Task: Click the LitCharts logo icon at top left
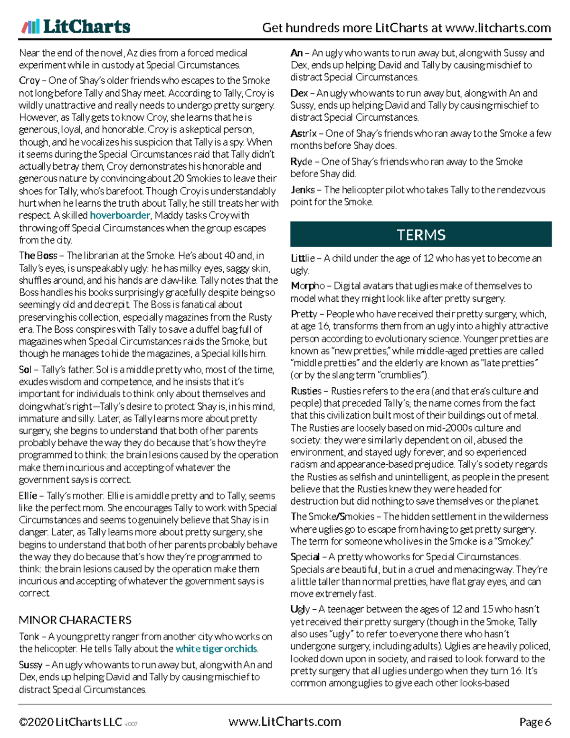click(x=30, y=27)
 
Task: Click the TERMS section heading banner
click(x=420, y=235)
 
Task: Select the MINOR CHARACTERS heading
click(x=75, y=620)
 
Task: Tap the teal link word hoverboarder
click(x=120, y=215)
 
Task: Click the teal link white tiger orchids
click(x=216, y=649)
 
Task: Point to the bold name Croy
click(x=29, y=80)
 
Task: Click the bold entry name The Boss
click(x=38, y=256)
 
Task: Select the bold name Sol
click(x=25, y=370)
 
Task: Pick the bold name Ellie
click(x=28, y=496)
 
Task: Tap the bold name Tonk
click(x=29, y=636)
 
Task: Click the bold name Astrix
click(x=304, y=134)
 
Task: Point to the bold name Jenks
click(x=303, y=190)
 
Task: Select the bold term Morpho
click(x=307, y=286)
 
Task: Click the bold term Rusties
click(x=306, y=391)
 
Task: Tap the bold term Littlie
click(x=303, y=258)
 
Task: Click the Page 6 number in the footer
click(x=535, y=722)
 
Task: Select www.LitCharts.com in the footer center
click(x=285, y=722)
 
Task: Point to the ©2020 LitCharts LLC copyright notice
click(x=70, y=722)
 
